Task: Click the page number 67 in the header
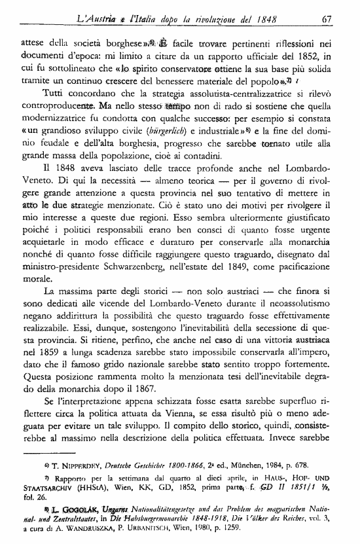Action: tap(329, 18)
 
